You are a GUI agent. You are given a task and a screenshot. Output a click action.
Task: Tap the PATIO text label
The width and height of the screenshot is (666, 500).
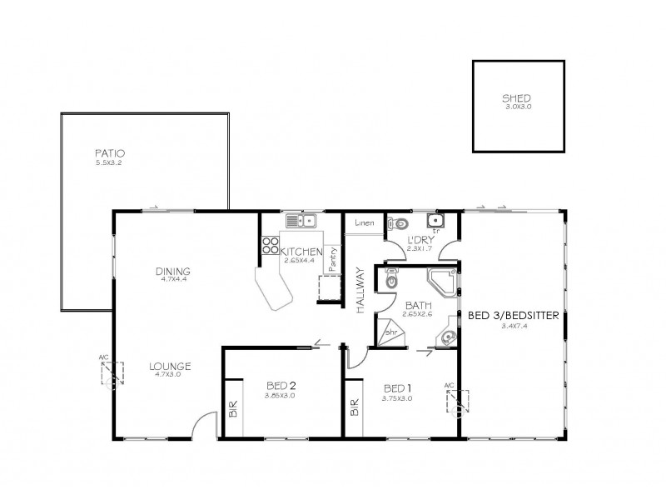tap(109, 153)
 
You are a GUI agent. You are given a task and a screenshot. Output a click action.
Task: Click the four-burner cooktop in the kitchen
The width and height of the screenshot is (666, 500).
tap(271, 245)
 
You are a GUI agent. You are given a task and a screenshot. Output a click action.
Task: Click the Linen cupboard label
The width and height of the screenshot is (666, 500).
tap(364, 223)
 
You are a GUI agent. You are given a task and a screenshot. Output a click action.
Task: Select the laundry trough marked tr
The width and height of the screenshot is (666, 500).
tap(435, 222)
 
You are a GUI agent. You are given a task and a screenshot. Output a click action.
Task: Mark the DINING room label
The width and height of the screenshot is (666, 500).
tap(173, 271)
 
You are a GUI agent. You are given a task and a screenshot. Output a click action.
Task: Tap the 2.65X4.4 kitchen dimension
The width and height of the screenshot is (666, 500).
tap(297, 261)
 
